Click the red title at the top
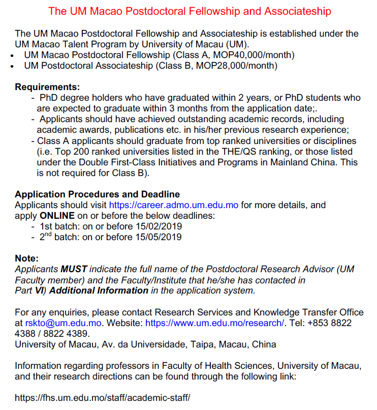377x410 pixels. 190,11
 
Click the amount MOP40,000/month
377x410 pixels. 259,55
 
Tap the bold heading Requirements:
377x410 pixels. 47,87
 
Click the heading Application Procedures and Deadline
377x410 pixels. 97,194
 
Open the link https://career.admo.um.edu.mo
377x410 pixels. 173,205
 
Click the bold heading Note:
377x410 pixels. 26,258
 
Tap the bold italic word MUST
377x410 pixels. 74,269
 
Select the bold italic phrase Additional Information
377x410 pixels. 99,290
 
